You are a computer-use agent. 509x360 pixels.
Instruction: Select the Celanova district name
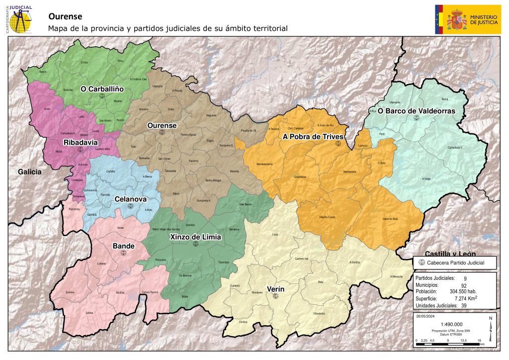pos(130,199)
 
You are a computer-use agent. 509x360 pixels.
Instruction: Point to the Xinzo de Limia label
pos(195,237)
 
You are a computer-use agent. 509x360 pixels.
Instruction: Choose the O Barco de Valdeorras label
pos(416,111)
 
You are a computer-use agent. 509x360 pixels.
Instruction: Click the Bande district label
pos(123,246)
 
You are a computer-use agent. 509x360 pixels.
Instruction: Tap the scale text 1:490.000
pos(452,324)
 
